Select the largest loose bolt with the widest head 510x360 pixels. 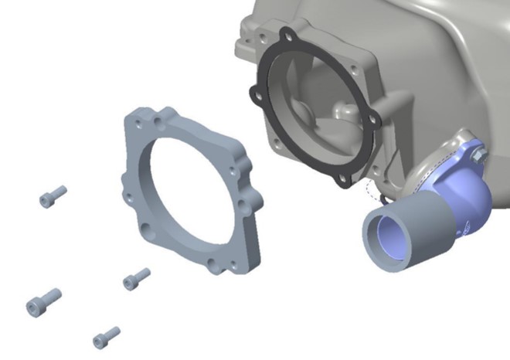[42, 300]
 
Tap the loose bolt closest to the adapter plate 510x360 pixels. [136, 277]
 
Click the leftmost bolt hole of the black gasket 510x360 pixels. [252, 94]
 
